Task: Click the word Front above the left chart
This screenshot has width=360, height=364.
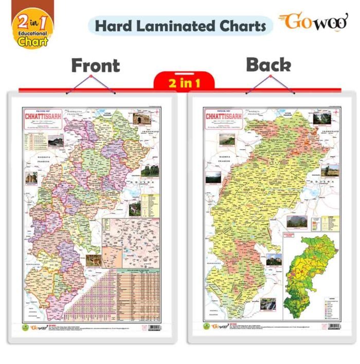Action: pos(95,66)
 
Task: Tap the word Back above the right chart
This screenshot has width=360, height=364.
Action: pos(268,64)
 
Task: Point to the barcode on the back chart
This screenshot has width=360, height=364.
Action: pos(334,327)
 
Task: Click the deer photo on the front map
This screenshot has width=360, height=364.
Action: pos(94,261)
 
